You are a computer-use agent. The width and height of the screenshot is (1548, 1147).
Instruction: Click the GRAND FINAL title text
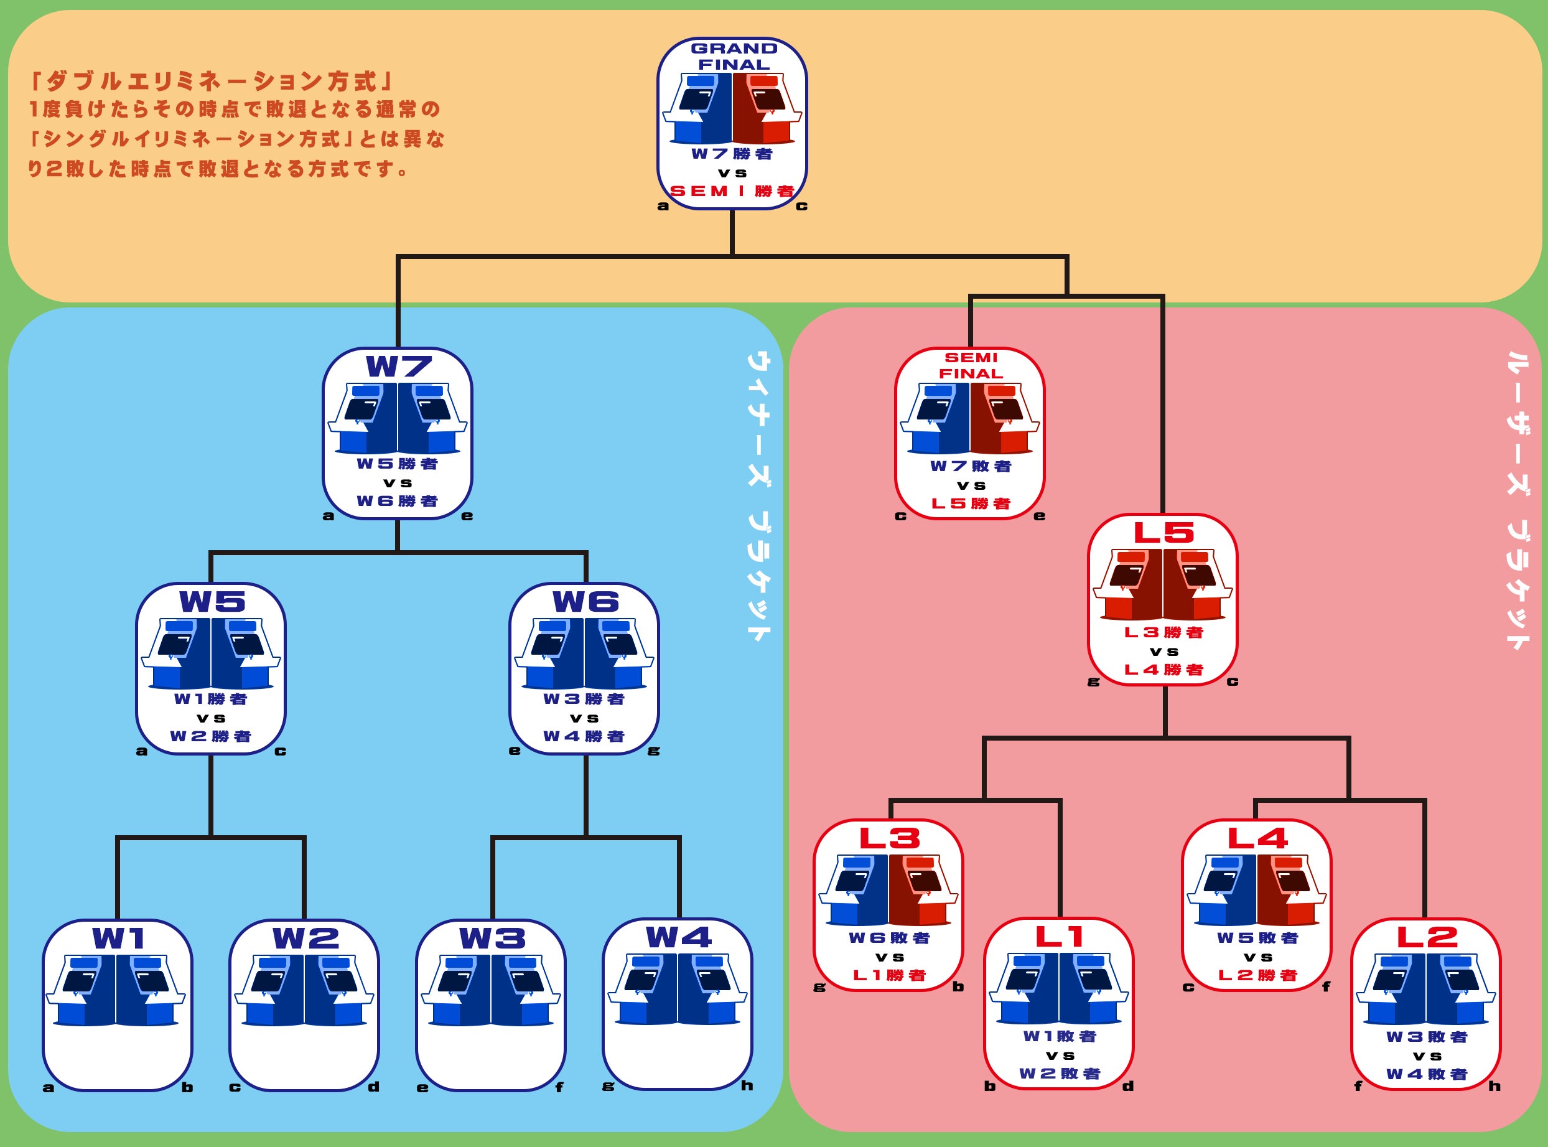733,56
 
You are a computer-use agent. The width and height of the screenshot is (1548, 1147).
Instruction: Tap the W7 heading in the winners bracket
398,367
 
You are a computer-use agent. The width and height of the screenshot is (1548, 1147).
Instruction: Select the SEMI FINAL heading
971,365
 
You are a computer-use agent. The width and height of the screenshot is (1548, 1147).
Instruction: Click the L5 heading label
1163,533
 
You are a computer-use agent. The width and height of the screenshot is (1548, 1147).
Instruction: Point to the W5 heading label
212,601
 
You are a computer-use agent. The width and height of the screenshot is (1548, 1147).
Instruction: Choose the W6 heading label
585,601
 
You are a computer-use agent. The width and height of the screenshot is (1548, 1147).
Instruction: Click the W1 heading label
119,939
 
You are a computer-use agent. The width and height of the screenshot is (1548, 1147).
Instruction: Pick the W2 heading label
305,939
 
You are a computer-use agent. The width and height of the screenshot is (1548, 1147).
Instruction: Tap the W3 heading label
492,939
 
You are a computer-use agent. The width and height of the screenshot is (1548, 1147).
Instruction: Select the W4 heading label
678,937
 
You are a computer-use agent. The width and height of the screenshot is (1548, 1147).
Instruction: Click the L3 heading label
889,838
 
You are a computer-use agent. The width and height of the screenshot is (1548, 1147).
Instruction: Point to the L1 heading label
1060,937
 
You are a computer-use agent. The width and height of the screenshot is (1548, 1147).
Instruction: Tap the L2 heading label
1427,937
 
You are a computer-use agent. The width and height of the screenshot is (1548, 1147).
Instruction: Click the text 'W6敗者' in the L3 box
889,938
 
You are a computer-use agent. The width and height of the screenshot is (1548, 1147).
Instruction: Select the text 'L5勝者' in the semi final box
971,503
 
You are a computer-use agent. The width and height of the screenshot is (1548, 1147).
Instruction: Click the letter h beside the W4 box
747,1085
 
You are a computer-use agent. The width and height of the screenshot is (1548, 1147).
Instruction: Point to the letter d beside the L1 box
1128,1086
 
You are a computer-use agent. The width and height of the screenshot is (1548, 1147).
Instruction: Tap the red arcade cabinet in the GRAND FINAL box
767,108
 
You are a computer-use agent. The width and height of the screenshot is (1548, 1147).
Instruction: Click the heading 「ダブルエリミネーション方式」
212,82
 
